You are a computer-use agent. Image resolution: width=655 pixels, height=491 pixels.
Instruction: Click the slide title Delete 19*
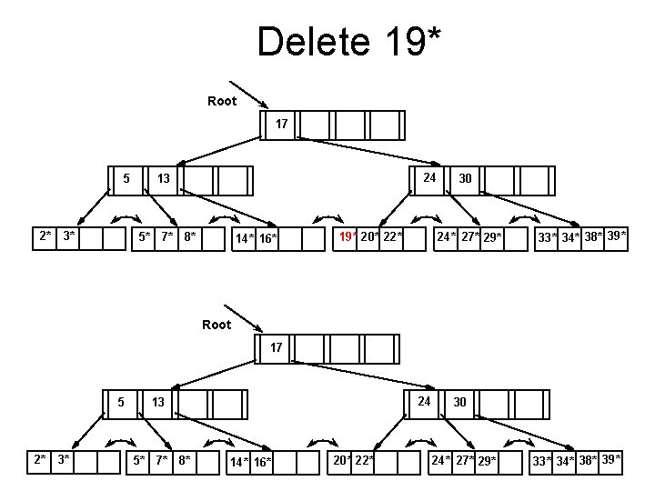[x=349, y=42]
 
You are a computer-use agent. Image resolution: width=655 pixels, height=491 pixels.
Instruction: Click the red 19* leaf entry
[x=347, y=237]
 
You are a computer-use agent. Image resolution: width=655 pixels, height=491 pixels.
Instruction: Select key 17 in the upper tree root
[x=282, y=124]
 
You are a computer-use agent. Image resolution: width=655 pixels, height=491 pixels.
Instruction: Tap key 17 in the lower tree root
[x=277, y=346]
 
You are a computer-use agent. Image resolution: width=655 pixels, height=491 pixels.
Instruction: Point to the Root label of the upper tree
[x=222, y=101]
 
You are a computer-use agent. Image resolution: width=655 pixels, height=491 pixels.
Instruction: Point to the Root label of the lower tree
[x=217, y=325]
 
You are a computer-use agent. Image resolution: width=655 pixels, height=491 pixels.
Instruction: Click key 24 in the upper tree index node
[x=429, y=177]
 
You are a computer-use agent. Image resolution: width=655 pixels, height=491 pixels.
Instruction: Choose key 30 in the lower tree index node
[x=460, y=401]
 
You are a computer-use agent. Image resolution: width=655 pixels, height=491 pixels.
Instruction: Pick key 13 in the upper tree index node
[x=163, y=178]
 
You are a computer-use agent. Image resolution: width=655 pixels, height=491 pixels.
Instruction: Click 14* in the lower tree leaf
[x=238, y=462]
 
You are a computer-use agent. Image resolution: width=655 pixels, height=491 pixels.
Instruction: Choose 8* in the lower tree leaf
[x=184, y=461]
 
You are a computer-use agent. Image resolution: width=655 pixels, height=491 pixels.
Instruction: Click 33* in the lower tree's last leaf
[x=542, y=462]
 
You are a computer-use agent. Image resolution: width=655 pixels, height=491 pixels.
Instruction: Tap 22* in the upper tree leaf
[x=392, y=237]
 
